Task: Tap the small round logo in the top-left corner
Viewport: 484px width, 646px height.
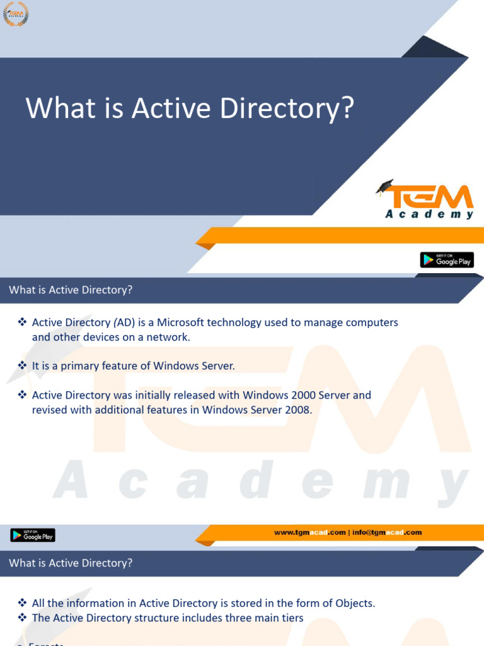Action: click(16, 14)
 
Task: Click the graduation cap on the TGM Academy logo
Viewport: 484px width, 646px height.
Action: click(385, 186)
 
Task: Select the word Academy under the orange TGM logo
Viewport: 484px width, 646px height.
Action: click(429, 214)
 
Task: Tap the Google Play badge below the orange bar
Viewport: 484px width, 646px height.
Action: click(447, 260)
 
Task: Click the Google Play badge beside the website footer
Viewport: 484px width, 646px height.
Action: click(33, 535)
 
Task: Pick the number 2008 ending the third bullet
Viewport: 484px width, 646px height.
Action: click(297, 409)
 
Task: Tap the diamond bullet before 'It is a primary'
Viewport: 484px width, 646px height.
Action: click(22, 366)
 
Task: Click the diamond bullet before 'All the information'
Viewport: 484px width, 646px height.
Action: click(22, 603)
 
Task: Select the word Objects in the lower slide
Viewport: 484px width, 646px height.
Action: click(355, 603)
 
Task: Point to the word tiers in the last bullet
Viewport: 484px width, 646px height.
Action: click(291, 618)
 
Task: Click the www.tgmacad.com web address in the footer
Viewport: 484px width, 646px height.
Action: click(310, 532)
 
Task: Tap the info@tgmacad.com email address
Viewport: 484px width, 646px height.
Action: click(387, 532)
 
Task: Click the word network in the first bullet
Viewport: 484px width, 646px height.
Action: click(168, 337)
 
